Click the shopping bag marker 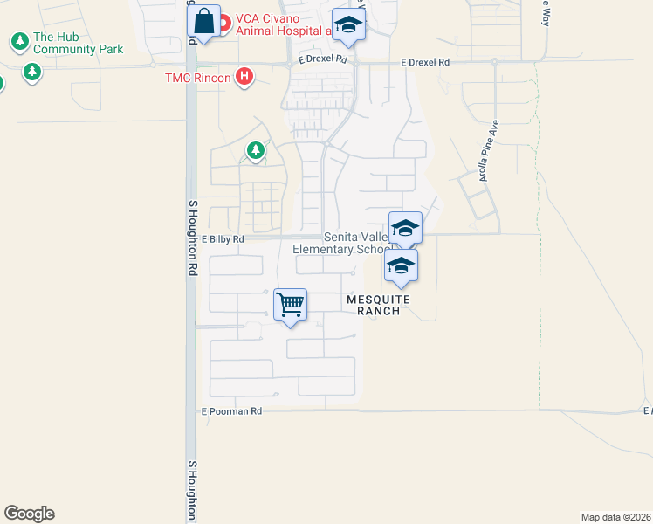(203, 22)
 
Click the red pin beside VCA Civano (223, 22)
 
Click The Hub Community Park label (78, 44)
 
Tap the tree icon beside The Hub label (18, 41)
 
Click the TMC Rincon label (198, 78)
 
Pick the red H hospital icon (245, 77)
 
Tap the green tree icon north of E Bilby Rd (255, 151)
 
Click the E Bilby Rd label (223, 238)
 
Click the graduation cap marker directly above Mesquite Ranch (401, 265)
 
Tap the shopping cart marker (290, 306)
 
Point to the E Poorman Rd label (231, 410)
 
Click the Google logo (29, 514)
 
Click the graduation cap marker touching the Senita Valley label (405, 228)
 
